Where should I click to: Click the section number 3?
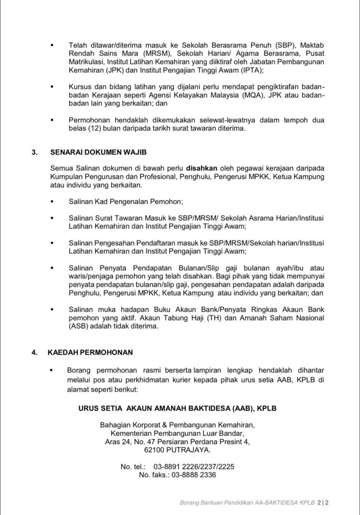coord(34,152)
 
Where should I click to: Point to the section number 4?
coord(34,352)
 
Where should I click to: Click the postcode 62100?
coord(156,451)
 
